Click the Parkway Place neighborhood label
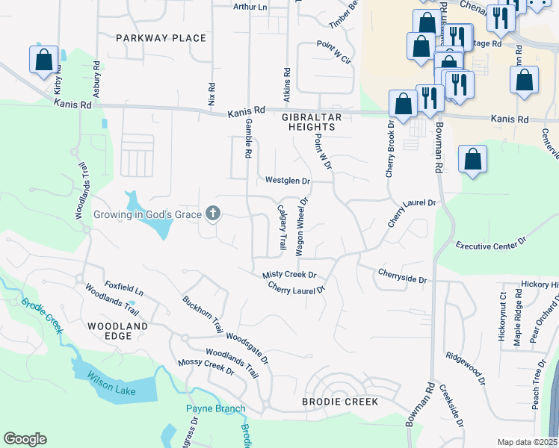click(x=161, y=37)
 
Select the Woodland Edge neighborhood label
click(x=117, y=332)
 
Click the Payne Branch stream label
click(x=215, y=408)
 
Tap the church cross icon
click(x=213, y=214)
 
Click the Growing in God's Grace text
click(x=147, y=215)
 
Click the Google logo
click(x=25, y=439)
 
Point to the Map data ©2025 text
click(x=528, y=442)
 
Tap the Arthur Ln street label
click(x=250, y=7)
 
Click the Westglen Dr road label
click(x=287, y=181)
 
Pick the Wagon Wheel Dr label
click(x=302, y=227)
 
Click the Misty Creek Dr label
click(x=289, y=275)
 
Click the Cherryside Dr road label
click(x=402, y=276)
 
